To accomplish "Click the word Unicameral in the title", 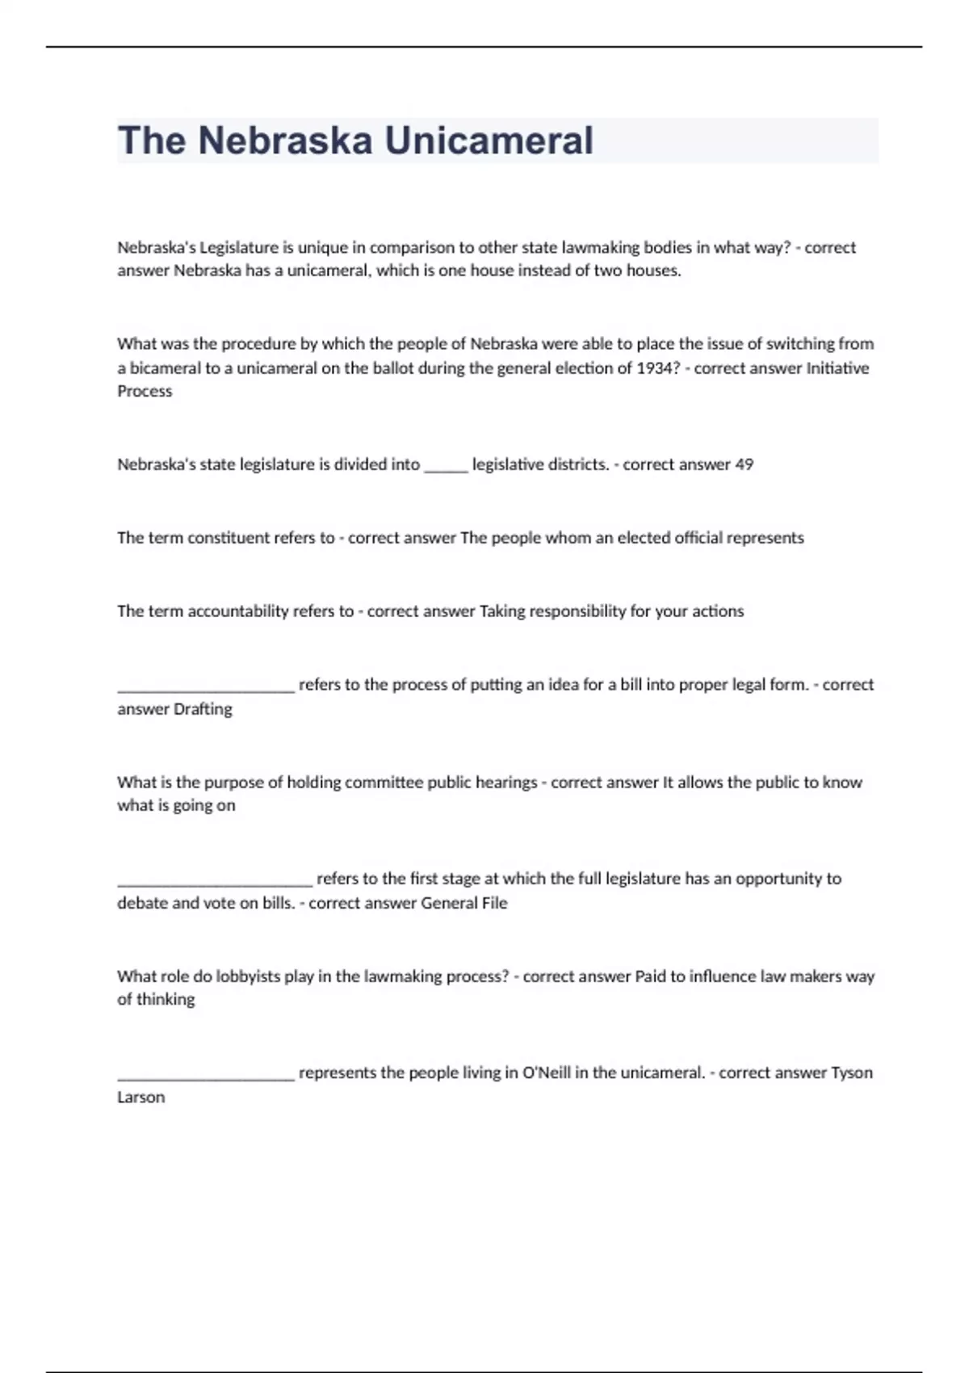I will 489,141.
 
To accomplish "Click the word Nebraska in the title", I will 285,141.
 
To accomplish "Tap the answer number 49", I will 744,464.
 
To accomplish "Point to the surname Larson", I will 141,1098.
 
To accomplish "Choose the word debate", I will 142,903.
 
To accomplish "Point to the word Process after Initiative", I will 145,392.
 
